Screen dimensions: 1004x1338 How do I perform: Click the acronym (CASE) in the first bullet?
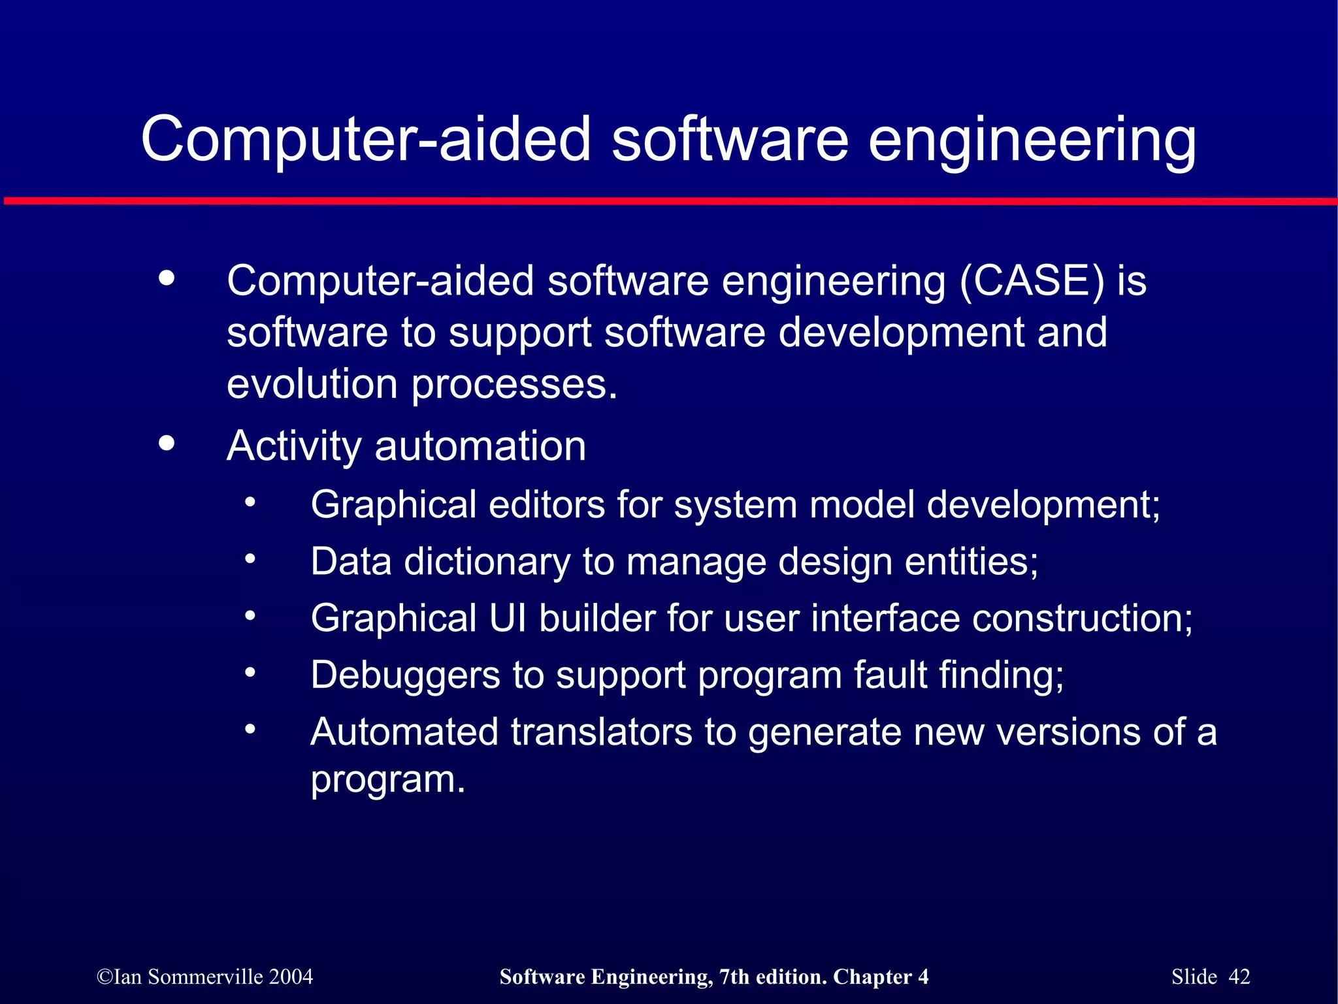click(x=1032, y=281)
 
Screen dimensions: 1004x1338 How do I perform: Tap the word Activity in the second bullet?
click(x=294, y=446)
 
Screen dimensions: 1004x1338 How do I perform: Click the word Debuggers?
click(x=405, y=675)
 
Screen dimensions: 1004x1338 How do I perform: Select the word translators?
click(x=601, y=732)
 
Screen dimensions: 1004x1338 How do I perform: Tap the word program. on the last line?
click(x=388, y=779)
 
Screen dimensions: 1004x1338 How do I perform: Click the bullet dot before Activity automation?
click(x=167, y=444)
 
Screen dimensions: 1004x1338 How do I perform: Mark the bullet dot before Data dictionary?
click(x=250, y=559)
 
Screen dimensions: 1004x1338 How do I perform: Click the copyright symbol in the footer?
click(x=104, y=977)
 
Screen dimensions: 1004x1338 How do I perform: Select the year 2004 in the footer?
click(x=291, y=977)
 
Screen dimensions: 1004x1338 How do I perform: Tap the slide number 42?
click(x=1239, y=977)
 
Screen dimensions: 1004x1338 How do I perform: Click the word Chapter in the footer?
click(x=872, y=977)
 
